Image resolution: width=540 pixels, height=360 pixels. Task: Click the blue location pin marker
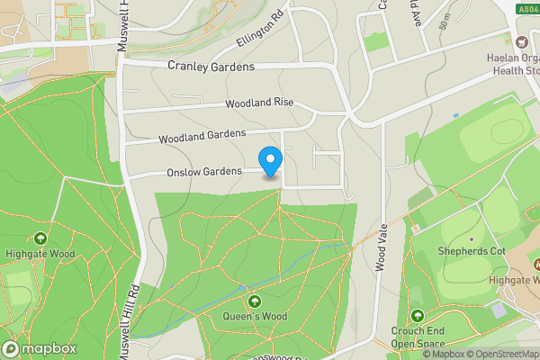(x=270, y=160)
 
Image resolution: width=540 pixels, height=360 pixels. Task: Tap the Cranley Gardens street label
(x=211, y=67)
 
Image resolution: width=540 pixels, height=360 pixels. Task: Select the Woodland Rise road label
(x=260, y=103)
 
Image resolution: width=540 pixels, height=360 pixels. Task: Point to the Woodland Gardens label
(x=202, y=136)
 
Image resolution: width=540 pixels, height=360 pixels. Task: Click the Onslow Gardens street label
(x=203, y=172)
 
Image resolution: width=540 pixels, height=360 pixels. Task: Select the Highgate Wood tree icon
(x=40, y=238)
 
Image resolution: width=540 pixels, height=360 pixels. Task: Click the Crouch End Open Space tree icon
(x=417, y=316)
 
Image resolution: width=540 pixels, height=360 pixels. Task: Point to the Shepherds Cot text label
(x=471, y=251)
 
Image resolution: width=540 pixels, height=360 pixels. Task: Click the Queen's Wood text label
(x=255, y=317)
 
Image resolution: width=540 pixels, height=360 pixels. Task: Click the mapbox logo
(x=40, y=348)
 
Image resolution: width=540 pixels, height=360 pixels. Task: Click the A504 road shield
(x=527, y=8)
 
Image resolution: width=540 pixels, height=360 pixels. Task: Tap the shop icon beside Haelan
(x=520, y=41)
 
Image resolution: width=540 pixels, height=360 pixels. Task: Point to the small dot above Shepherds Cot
(x=471, y=238)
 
